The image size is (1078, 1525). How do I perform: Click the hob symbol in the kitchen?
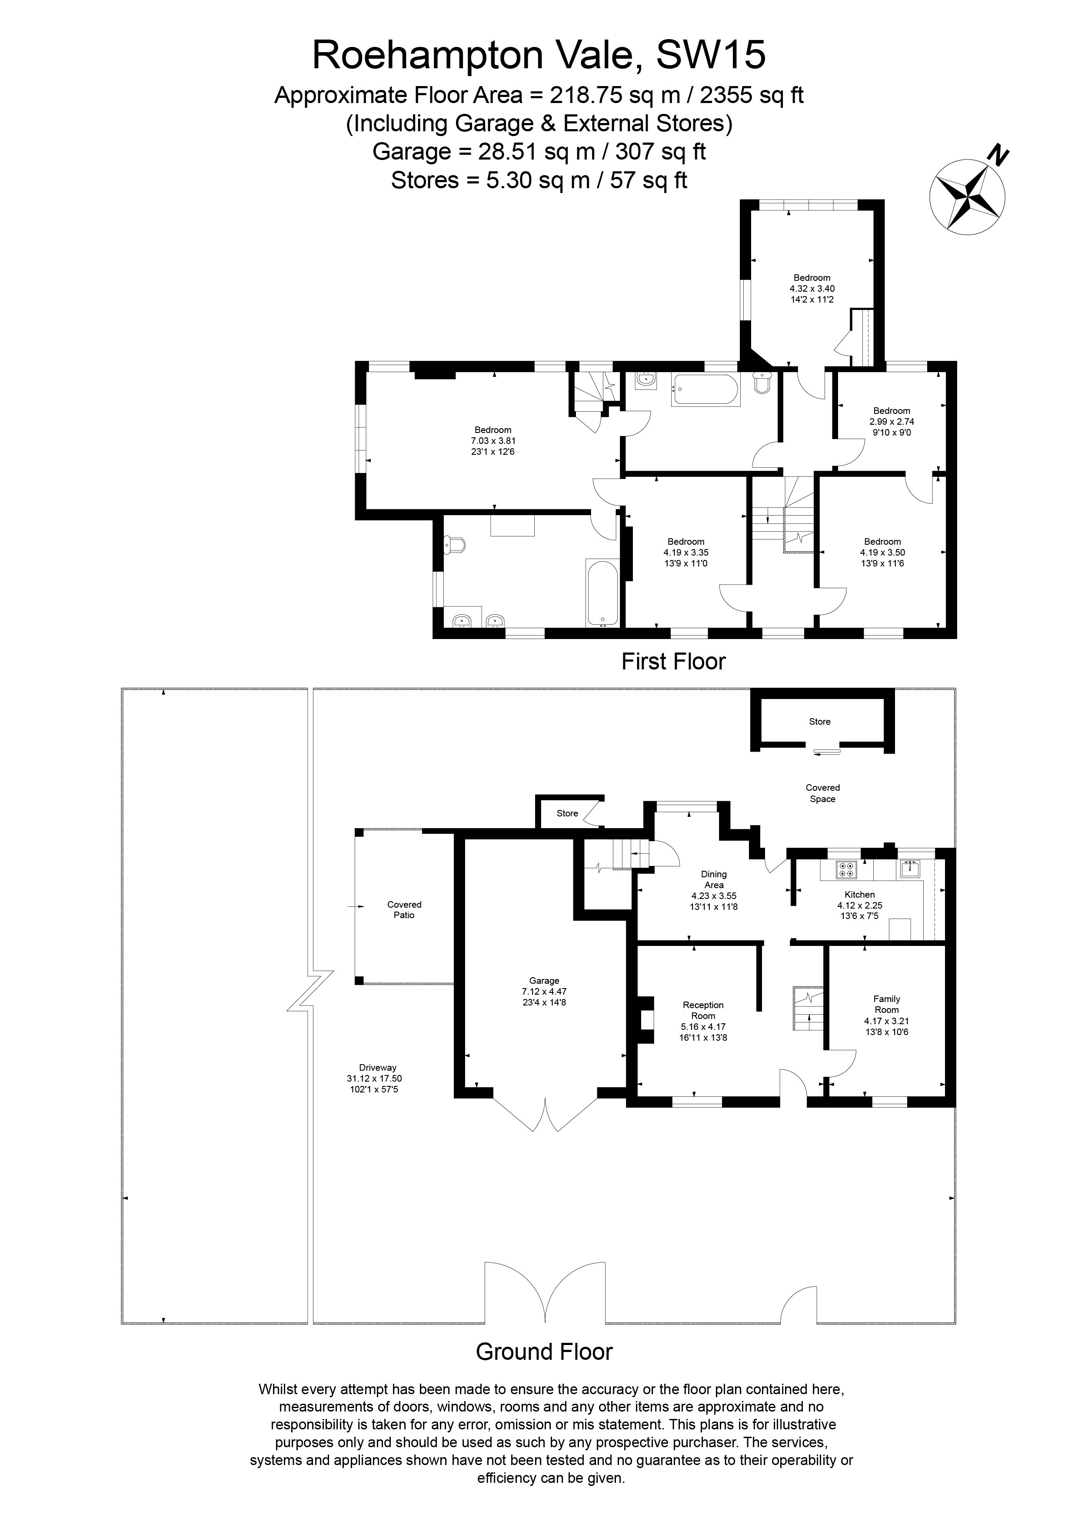pos(847,869)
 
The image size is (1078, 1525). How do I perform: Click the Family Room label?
pos(887,1004)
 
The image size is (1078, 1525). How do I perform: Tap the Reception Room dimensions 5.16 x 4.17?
pos(703,1027)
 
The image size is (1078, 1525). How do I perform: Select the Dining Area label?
pos(714,879)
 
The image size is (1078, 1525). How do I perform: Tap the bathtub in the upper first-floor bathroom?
pos(705,390)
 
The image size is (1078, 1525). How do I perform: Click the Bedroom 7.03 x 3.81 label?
pos(493,430)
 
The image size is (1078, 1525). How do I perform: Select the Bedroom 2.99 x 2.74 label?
pos(892,410)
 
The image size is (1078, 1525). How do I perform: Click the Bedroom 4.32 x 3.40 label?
pos(812,278)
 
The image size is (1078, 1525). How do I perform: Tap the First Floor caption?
pos(673,662)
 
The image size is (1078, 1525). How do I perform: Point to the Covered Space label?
pos(822,793)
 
